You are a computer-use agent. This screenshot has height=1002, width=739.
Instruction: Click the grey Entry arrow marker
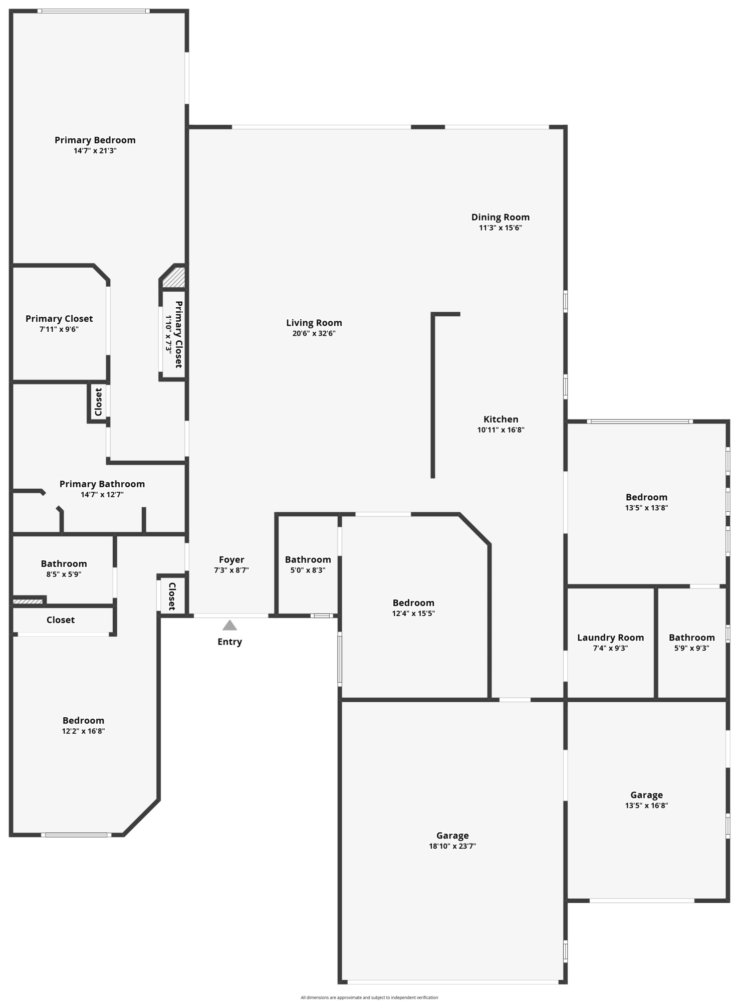point(229,625)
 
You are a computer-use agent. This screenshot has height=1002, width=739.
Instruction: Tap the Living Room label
point(314,323)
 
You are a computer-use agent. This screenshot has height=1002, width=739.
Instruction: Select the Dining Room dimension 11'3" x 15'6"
point(501,228)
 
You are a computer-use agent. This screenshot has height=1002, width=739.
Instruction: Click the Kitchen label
point(501,419)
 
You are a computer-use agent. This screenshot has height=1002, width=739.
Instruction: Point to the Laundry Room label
point(610,638)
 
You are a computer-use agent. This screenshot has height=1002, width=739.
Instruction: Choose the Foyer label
point(231,559)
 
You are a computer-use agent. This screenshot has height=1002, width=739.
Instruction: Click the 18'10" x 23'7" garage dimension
point(452,846)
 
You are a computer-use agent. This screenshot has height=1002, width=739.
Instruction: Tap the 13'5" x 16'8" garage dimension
point(646,806)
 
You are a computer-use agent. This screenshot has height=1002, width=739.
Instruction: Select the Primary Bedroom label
point(95,140)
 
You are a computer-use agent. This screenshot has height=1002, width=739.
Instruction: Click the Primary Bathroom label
point(102,484)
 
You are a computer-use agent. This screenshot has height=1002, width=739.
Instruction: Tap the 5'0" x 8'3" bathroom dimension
point(308,570)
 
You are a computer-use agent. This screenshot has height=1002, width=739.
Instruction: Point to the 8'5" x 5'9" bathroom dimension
point(64,574)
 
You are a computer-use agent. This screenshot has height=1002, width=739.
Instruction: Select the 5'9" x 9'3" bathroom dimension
point(691,648)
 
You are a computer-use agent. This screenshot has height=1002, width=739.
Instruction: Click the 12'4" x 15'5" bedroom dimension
point(413,614)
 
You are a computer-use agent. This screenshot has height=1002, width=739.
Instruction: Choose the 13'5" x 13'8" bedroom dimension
point(646,508)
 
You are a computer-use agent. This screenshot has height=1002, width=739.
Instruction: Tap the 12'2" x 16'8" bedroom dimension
point(83,731)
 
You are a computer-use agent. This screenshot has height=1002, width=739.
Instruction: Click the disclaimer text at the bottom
point(369,997)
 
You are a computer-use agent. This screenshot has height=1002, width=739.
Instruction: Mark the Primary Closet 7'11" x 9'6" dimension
point(59,329)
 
